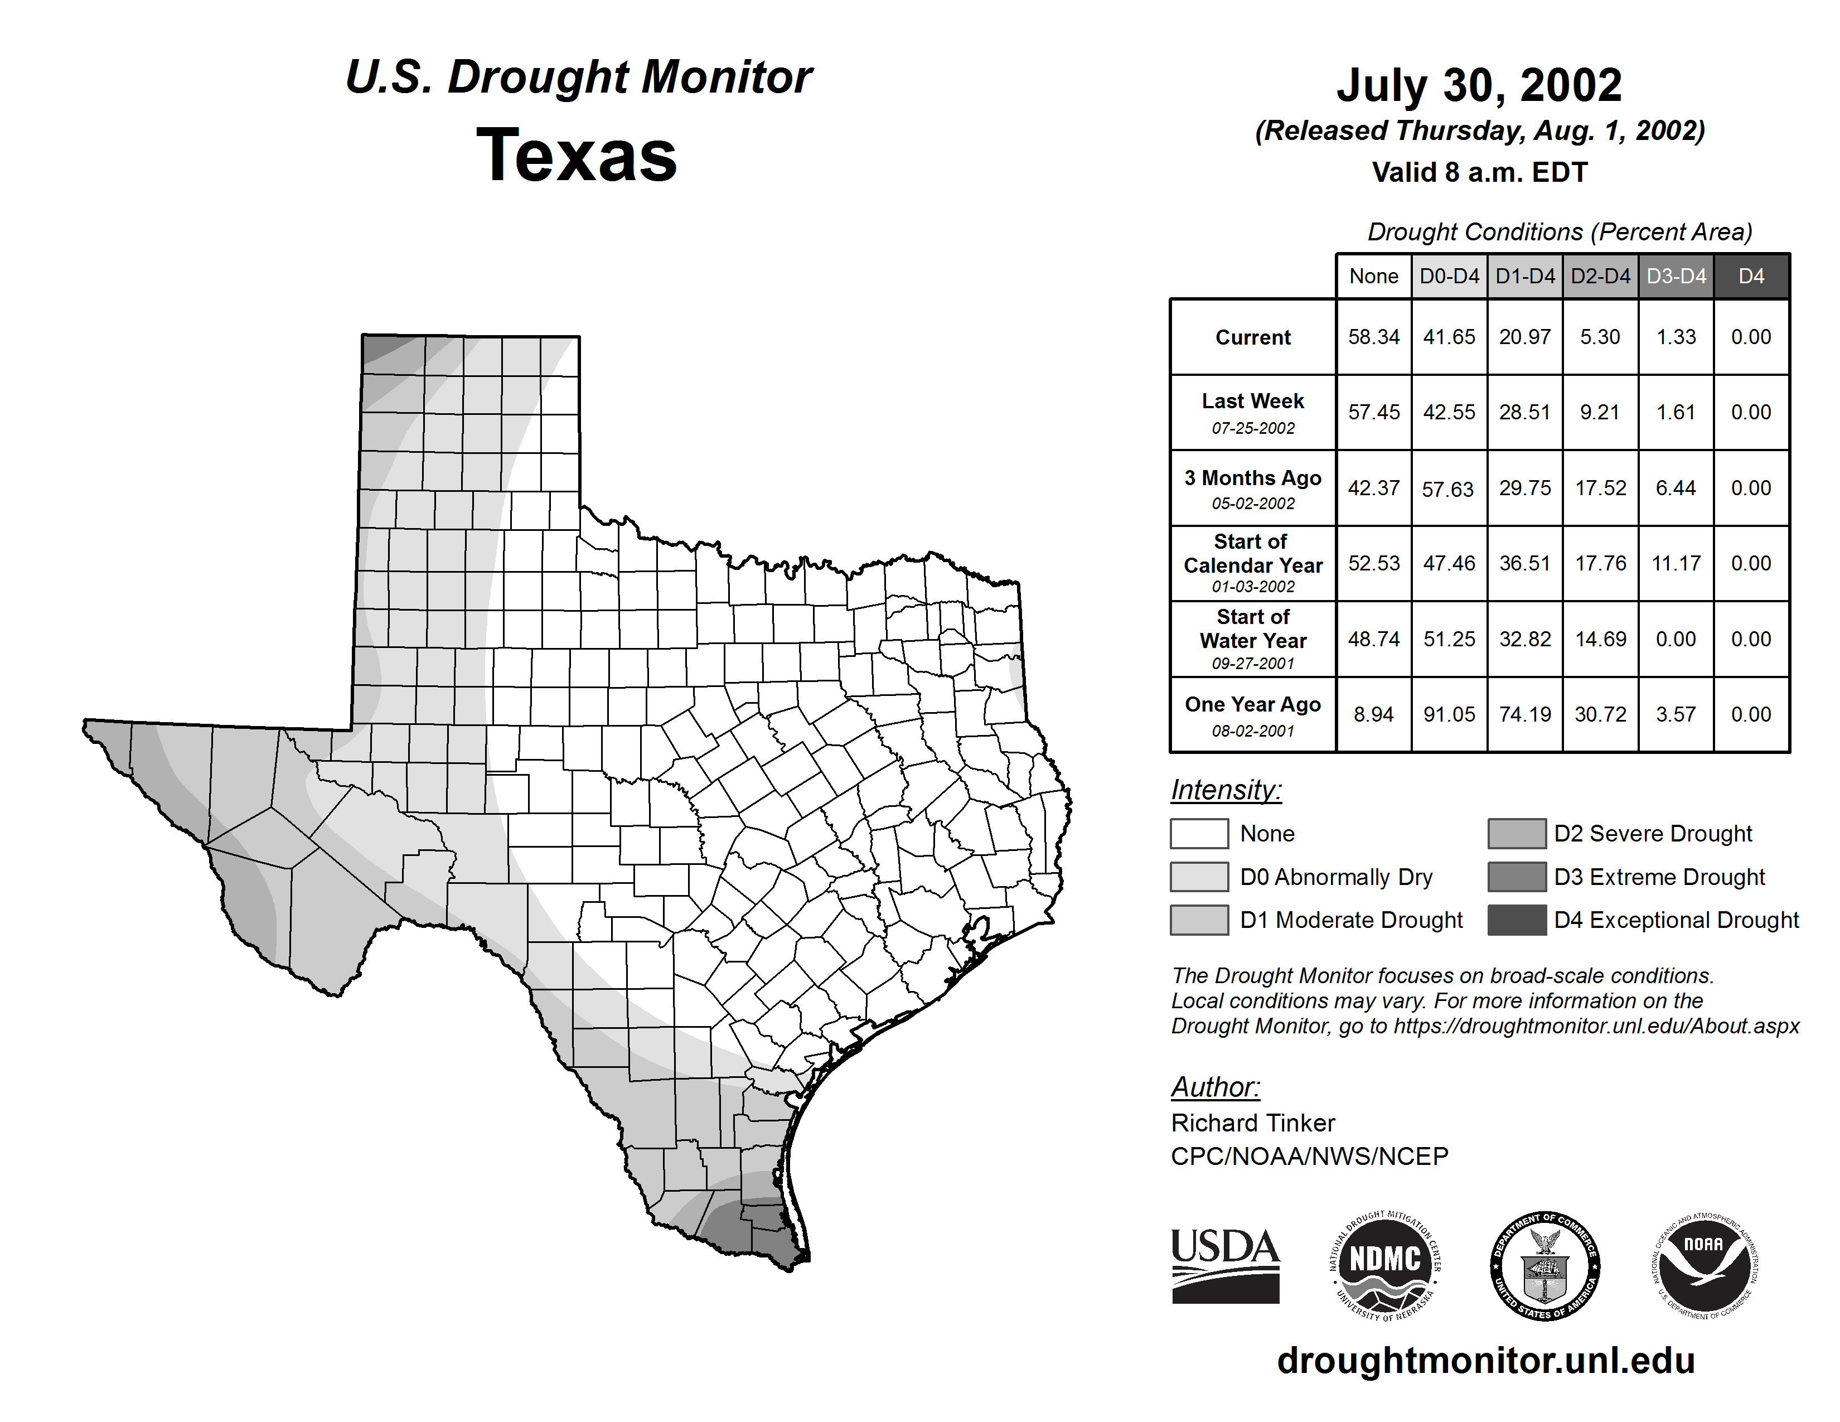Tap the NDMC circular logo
coord(1385,1266)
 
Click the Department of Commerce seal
coord(1544,1266)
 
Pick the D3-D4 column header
coord(1676,276)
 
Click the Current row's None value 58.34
coord(1373,337)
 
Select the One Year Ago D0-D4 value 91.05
coord(1449,714)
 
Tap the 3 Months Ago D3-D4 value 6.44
coord(1676,488)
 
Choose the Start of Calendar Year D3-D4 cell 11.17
coord(1676,563)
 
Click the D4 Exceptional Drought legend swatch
coord(1517,920)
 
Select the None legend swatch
coord(1199,833)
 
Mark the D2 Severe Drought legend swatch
coord(1517,833)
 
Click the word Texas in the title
coord(577,155)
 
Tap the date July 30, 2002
coord(1479,85)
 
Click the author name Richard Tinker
coord(1253,1123)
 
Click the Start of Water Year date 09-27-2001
coord(1253,664)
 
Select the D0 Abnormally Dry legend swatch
coord(1199,876)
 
